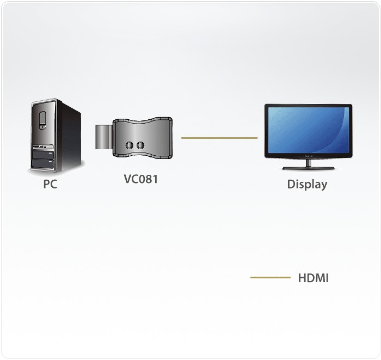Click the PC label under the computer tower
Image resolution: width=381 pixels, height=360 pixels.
pos(50,184)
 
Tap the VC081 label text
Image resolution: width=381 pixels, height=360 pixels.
pos(141,179)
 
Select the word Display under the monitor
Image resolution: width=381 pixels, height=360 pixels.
pos(307,184)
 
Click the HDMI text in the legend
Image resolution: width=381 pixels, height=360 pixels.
pos(313,278)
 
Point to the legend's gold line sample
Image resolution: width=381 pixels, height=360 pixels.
pos(271,277)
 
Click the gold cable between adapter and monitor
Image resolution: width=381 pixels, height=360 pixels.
pos(219,138)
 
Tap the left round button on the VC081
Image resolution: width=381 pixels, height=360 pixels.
pos(130,145)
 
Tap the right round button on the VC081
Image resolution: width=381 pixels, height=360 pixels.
pos(140,145)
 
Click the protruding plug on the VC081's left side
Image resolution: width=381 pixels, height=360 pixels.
pos(104,137)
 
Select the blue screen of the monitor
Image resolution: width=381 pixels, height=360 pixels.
pos(309,130)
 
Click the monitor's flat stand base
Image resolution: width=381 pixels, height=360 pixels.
pos(309,168)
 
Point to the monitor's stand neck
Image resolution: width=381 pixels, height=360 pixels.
pos(309,163)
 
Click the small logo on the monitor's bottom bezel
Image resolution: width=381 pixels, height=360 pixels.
pos(309,156)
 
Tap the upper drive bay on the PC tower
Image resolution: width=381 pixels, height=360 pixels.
pos(43,155)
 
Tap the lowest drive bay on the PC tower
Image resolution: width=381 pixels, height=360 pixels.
pos(43,163)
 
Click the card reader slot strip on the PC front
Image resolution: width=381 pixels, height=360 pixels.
pos(43,147)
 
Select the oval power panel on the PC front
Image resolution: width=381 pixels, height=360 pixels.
pos(42,120)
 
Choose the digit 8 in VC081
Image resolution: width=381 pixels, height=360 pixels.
pos(146,179)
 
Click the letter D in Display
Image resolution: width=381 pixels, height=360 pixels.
pos(291,184)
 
